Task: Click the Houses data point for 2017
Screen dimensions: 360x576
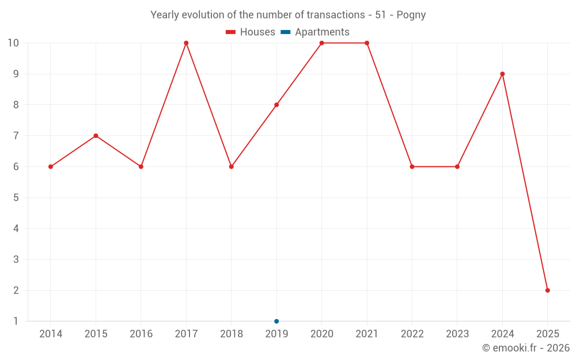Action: coord(186,43)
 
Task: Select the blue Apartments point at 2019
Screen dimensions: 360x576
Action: coord(276,321)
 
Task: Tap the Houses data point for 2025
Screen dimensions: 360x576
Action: coord(547,290)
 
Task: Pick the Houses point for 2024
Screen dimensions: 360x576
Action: coord(502,74)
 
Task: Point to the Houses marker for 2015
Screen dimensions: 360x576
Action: coord(96,136)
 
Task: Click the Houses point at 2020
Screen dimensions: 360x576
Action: coord(321,43)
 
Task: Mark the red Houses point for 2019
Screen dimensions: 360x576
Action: coord(276,105)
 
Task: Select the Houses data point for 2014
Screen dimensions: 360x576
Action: coord(51,166)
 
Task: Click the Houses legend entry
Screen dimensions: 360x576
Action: coord(251,32)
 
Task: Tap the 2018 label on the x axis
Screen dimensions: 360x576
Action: coord(231,334)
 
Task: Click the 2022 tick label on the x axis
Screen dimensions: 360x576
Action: coord(412,334)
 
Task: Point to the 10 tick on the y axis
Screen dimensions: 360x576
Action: coord(13,43)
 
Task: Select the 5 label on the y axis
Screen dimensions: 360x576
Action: coord(16,198)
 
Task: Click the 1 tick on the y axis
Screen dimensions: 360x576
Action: coord(16,321)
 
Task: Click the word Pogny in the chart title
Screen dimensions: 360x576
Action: coord(411,15)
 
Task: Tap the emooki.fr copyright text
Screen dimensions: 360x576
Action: coord(526,348)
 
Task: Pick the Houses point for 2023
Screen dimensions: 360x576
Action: coord(457,166)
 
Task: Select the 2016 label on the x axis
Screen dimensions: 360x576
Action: coord(141,334)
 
